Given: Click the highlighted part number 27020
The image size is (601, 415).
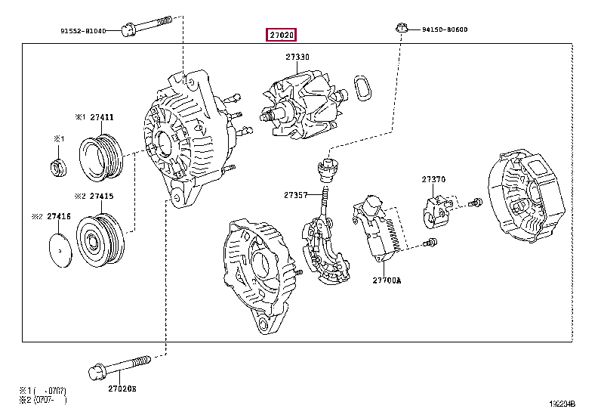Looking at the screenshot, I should [x=280, y=35].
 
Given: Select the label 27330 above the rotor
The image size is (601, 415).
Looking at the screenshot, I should [x=297, y=57].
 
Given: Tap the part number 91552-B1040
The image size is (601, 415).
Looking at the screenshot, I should [x=89, y=31].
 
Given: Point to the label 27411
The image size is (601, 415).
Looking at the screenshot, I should [x=101, y=117].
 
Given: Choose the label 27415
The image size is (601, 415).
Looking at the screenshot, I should [x=101, y=196].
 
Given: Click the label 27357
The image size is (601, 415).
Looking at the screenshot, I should [x=296, y=195].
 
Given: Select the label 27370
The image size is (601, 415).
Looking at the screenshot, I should [x=433, y=179].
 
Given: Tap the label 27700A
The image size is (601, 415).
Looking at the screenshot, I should [x=387, y=280].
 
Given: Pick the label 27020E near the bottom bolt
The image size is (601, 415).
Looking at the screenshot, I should [x=122, y=389].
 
